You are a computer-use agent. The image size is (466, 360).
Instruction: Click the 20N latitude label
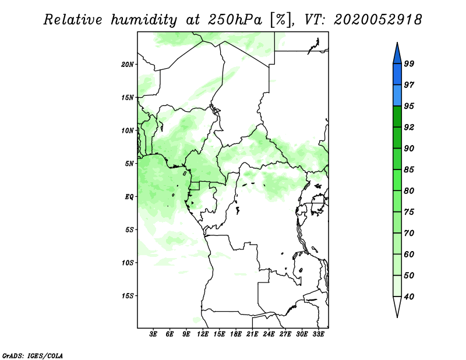(128, 65)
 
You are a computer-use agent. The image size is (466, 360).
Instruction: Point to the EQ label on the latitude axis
(129, 197)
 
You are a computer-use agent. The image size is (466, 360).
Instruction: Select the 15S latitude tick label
(128, 296)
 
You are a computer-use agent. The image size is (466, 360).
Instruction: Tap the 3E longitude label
(153, 334)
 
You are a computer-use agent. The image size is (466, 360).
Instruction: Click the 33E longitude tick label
(318, 334)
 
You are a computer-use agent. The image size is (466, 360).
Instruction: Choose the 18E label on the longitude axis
(236, 334)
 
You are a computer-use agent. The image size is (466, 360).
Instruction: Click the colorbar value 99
(409, 63)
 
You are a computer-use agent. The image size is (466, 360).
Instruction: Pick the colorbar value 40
(409, 297)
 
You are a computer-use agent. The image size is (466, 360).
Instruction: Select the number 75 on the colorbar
(409, 211)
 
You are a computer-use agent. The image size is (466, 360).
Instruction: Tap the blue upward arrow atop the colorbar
(397, 54)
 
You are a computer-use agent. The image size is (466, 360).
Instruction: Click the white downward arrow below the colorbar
(397, 306)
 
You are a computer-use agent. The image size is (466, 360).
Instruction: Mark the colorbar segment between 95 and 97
(397, 96)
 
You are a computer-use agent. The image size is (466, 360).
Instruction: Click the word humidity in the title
(144, 20)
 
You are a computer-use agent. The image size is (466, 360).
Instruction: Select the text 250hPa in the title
(235, 20)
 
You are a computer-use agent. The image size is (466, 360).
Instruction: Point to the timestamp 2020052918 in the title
(377, 20)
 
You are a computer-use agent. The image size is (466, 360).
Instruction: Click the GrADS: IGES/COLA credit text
(33, 355)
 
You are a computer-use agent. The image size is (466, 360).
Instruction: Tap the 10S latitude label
(128, 263)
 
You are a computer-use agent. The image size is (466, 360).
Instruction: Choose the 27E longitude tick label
(285, 334)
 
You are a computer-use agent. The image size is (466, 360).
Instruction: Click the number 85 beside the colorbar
(409, 170)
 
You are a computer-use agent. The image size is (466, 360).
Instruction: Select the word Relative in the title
(73, 20)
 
